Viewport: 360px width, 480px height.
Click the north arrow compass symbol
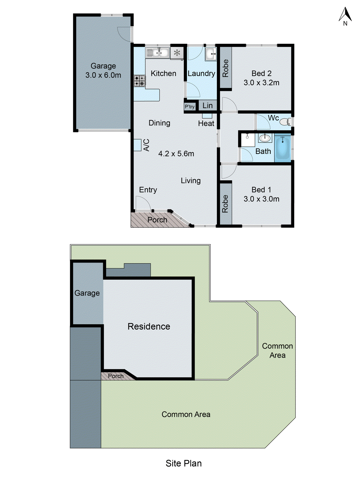345,16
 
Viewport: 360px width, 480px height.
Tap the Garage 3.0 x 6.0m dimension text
103,75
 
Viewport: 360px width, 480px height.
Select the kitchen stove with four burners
139,81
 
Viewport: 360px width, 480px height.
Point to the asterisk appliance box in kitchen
177,53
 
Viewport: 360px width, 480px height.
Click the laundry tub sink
211,54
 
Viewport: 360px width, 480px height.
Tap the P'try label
190,106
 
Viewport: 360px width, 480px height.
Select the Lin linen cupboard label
208,106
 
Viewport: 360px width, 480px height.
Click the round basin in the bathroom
265,138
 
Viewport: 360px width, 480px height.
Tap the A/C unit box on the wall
137,145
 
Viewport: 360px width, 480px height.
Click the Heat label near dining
206,123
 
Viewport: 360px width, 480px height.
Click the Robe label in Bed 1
225,204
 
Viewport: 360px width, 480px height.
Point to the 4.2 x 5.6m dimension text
176,154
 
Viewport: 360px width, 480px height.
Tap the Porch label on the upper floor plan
157,220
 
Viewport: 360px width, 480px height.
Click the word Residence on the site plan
149,326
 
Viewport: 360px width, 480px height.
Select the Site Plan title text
184,463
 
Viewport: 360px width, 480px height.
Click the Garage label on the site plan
87,293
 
